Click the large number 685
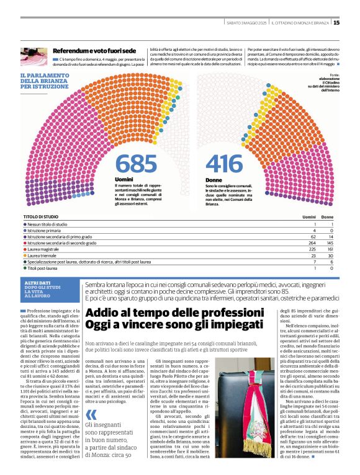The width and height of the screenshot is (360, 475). point(136,164)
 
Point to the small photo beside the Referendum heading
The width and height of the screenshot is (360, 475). point(35,56)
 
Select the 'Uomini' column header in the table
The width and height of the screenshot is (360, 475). point(308,217)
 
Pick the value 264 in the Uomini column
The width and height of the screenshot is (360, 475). point(312,243)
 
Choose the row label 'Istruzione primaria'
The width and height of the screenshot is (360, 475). point(47,230)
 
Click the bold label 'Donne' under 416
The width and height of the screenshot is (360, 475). point(214,180)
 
